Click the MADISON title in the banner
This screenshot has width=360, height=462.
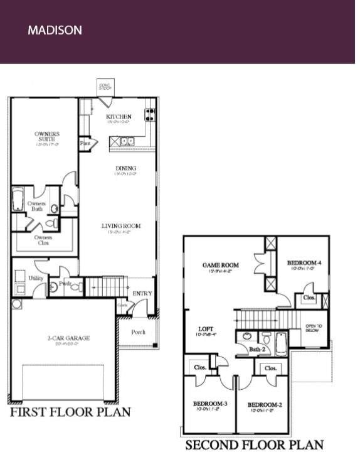click(x=55, y=30)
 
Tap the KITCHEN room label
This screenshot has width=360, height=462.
click(x=119, y=117)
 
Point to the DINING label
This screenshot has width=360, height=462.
click(x=125, y=168)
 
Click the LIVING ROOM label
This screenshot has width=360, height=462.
click(x=121, y=226)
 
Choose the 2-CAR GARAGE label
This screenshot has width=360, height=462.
click(x=68, y=338)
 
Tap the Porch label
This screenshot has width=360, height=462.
click(x=139, y=332)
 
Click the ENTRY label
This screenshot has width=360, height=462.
click(x=142, y=294)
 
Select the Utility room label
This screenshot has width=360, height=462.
click(x=36, y=277)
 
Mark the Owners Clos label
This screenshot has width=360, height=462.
click(x=43, y=240)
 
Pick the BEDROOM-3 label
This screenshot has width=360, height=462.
click(x=208, y=404)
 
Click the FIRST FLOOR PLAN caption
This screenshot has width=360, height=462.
click(x=70, y=412)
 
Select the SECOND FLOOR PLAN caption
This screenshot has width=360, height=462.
click(x=254, y=445)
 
